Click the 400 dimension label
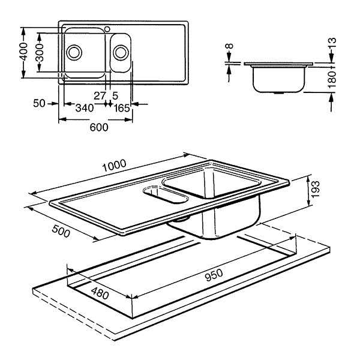pyautogui.click(x=23, y=52)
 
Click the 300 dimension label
pyautogui.click(x=40, y=52)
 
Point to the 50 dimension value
pyautogui.click(x=40, y=104)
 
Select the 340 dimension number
pyautogui.click(x=84, y=109)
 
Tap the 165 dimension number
pyautogui.click(x=122, y=109)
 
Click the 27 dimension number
pyautogui.click(x=100, y=95)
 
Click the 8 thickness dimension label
pyautogui.click(x=229, y=47)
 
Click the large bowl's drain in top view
pyautogui.click(x=74, y=52)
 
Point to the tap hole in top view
pyautogui.click(x=107, y=28)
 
